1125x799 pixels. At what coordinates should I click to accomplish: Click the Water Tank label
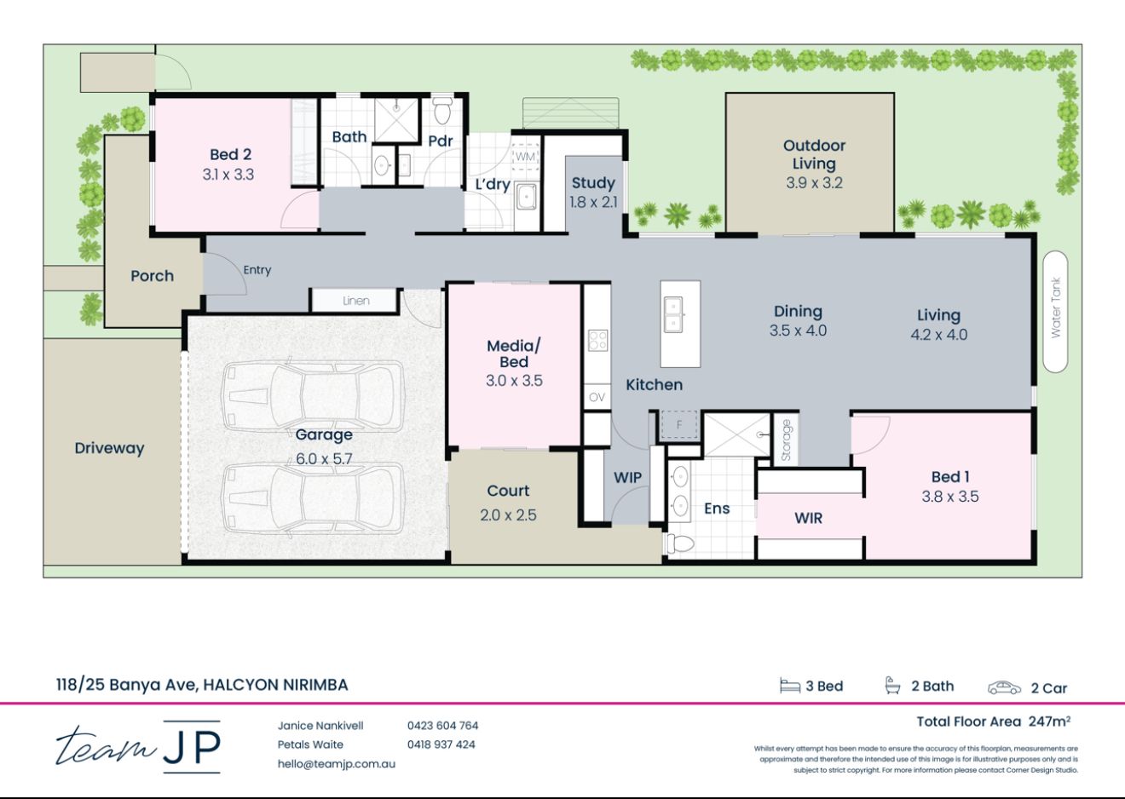click(x=1056, y=308)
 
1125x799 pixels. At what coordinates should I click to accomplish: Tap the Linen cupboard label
click(x=356, y=301)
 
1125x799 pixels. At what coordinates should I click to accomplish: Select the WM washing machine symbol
click(x=526, y=157)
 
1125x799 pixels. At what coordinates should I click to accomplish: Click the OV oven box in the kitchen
click(x=597, y=397)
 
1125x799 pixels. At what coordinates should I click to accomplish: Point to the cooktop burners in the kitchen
click(x=597, y=341)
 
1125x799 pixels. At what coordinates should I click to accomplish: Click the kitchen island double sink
click(x=673, y=314)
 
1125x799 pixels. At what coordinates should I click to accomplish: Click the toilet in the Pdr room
click(x=442, y=111)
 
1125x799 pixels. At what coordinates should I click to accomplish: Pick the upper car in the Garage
click(x=313, y=396)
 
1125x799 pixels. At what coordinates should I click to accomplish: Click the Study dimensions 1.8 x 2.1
click(x=593, y=203)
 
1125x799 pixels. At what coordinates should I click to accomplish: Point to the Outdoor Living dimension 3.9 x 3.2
click(x=814, y=182)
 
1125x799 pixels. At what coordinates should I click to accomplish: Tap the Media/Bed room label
click(x=514, y=354)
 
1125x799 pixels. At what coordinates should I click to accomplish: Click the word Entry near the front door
click(x=257, y=270)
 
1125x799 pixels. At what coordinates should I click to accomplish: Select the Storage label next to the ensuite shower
click(x=786, y=440)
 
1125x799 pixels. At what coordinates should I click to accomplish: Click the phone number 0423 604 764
click(x=442, y=726)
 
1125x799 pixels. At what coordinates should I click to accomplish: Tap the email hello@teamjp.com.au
click(x=336, y=764)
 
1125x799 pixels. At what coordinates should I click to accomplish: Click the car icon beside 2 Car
click(x=1004, y=687)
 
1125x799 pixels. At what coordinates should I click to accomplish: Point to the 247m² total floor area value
click(x=1049, y=721)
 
